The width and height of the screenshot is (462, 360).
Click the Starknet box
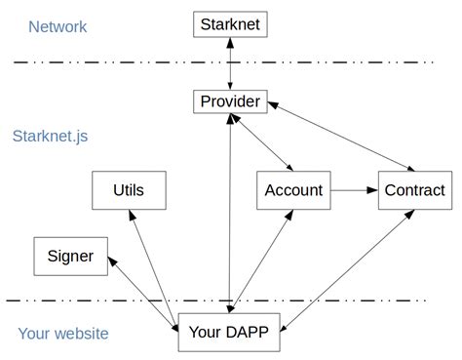(230, 23)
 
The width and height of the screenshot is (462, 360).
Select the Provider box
(230, 100)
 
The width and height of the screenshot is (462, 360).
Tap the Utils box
(128, 190)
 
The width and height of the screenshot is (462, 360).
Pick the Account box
(293, 190)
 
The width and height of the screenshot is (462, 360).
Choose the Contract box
(413, 190)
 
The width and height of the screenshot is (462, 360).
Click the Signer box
(70, 257)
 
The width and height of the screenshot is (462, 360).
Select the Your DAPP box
(230, 333)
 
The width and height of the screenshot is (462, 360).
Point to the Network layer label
(58, 26)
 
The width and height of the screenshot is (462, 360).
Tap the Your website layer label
(63, 334)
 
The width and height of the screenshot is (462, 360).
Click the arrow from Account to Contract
(354, 190)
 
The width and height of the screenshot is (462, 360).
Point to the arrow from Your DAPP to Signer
(144, 287)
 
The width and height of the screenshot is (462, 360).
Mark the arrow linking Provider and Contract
(341, 136)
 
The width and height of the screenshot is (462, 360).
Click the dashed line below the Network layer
(117, 62)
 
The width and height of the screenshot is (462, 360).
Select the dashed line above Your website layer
(97, 300)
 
